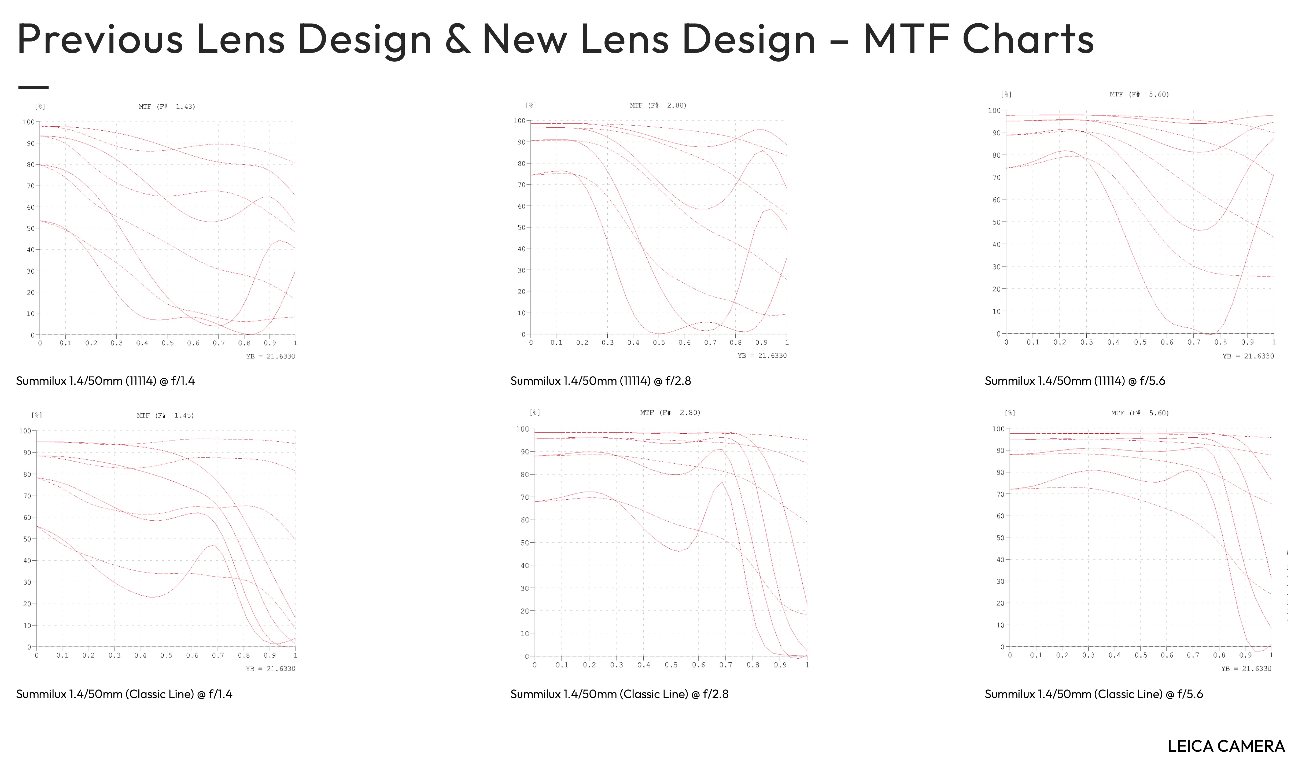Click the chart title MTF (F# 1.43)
point(167,106)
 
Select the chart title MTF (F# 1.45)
point(165,415)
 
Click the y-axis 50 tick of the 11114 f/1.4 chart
point(31,228)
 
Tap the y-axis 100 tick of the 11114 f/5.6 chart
point(994,110)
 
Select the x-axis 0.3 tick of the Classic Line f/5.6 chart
point(1088,655)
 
